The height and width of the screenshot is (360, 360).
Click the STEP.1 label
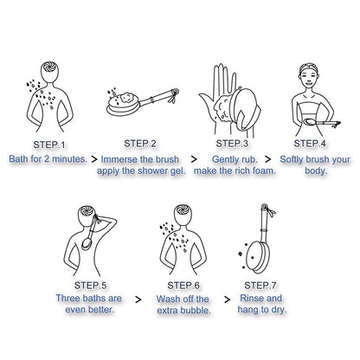(x=49, y=145)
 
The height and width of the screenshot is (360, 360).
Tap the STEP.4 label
(x=310, y=144)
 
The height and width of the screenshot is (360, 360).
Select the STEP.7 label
(x=260, y=286)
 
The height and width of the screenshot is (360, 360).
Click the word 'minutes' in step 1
(x=69, y=158)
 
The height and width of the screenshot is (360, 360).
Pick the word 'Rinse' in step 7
(x=250, y=298)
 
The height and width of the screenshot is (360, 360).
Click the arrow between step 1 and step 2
(x=94, y=159)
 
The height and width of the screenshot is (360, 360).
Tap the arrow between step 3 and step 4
(x=268, y=159)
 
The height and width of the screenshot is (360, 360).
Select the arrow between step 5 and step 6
(x=138, y=299)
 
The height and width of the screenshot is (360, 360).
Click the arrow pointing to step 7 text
(x=228, y=299)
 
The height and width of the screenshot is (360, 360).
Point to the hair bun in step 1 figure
(x=49, y=67)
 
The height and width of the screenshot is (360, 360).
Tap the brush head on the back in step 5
(x=87, y=243)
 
